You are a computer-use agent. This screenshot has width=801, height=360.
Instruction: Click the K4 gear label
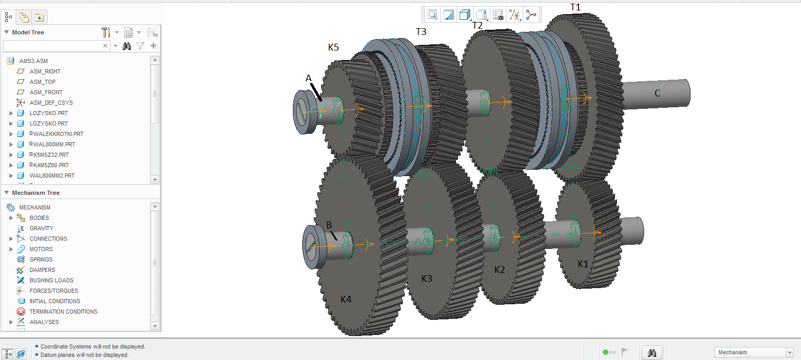click(x=346, y=299)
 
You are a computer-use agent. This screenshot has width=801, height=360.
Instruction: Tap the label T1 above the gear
click(x=575, y=7)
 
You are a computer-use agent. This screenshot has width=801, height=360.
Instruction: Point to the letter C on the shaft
click(x=657, y=93)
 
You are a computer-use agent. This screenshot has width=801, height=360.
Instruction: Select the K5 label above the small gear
click(x=334, y=47)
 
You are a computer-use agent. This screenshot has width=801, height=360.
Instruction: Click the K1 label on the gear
click(x=583, y=264)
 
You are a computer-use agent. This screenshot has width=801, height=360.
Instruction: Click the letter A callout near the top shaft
click(x=309, y=78)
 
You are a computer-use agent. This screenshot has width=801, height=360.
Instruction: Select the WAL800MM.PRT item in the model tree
click(x=54, y=144)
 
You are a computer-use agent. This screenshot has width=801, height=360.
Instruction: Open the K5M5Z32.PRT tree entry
click(x=51, y=155)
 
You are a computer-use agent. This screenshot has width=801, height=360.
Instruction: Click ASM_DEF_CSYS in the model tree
click(x=51, y=103)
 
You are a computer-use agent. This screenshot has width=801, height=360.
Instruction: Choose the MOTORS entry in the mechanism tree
click(x=41, y=249)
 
